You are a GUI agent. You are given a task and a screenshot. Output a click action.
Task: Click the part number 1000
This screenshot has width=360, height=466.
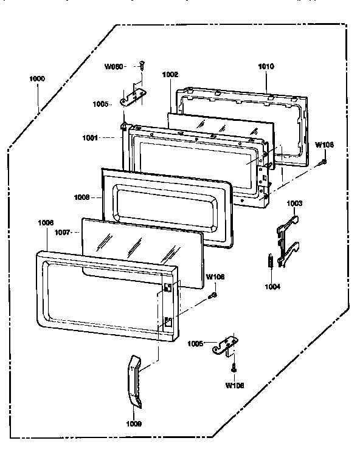[x=37, y=79]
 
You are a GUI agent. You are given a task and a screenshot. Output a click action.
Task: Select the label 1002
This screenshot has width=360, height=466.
[x=170, y=74]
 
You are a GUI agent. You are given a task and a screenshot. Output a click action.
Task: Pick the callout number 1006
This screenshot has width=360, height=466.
[x=46, y=223]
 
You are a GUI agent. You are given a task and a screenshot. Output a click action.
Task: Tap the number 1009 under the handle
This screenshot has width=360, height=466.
[x=135, y=423]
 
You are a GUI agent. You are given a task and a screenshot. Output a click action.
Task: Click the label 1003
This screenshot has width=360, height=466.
[x=294, y=203]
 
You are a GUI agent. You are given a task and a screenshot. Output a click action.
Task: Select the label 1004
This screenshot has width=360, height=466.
[x=273, y=286]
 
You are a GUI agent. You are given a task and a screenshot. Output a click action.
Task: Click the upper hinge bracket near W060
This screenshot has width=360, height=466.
[x=134, y=95]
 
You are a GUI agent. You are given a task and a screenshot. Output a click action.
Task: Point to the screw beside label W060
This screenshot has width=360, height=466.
[x=142, y=65]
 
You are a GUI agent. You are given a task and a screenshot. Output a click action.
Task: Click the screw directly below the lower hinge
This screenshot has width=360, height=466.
[x=233, y=367]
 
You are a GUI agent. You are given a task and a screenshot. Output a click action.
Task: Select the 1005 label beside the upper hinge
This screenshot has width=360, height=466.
[x=102, y=104]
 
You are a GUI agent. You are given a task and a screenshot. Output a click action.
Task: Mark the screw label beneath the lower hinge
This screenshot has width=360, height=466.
[x=234, y=385]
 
